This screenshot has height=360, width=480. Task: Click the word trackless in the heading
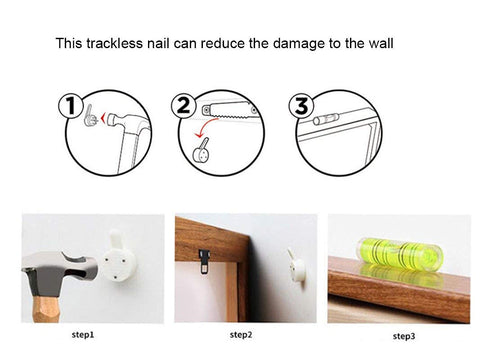click(114, 43)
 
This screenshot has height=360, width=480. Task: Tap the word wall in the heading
click(381, 43)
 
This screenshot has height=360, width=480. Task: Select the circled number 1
click(70, 106)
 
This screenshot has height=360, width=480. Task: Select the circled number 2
click(183, 106)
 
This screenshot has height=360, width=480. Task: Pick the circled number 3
click(301, 106)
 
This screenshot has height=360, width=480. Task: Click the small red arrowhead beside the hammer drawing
click(103, 118)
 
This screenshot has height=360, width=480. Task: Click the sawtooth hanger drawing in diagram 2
click(230, 110)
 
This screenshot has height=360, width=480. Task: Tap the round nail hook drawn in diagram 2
click(202, 151)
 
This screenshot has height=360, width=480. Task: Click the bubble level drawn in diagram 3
click(326, 118)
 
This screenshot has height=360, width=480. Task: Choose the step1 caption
click(83, 335)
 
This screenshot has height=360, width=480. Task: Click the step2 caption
click(241, 335)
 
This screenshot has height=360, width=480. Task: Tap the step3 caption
click(404, 336)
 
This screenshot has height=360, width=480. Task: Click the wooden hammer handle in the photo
click(46, 309)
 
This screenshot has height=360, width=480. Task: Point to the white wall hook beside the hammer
click(118, 257)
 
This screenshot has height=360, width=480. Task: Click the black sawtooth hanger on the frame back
click(204, 261)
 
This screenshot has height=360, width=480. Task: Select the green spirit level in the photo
click(399, 253)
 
